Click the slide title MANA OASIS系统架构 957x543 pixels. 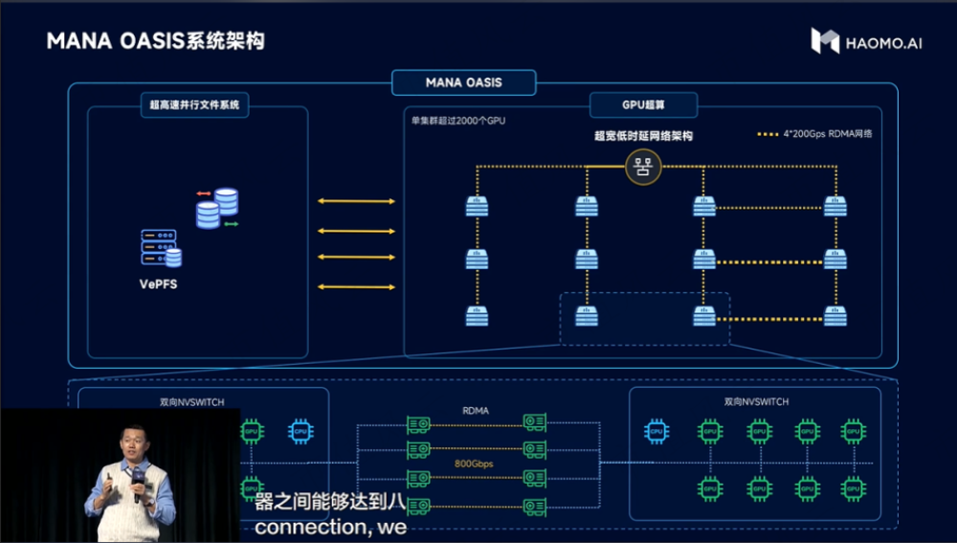click(156, 41)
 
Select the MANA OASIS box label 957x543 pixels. click(463, 82)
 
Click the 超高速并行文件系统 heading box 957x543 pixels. click(194, 104)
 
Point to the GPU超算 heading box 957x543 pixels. click(643, 104)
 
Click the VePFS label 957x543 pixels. click(160, 283)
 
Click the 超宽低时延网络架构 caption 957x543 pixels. click(643, 136)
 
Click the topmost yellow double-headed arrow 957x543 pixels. click(356, 201)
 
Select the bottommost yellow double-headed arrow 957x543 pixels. click(356, 286)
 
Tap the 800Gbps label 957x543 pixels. click(475, 464)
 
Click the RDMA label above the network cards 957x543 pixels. click(476, 410)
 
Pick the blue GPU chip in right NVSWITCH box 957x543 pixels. click(657, 432)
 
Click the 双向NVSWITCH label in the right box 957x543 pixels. click(756, 402)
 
